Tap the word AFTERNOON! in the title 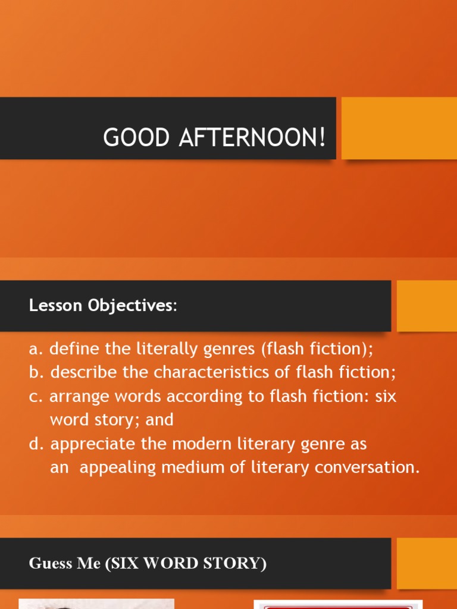247,138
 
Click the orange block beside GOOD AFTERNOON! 399,128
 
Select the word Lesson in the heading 55,306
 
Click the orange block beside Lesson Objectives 427,306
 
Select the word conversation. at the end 367,468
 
